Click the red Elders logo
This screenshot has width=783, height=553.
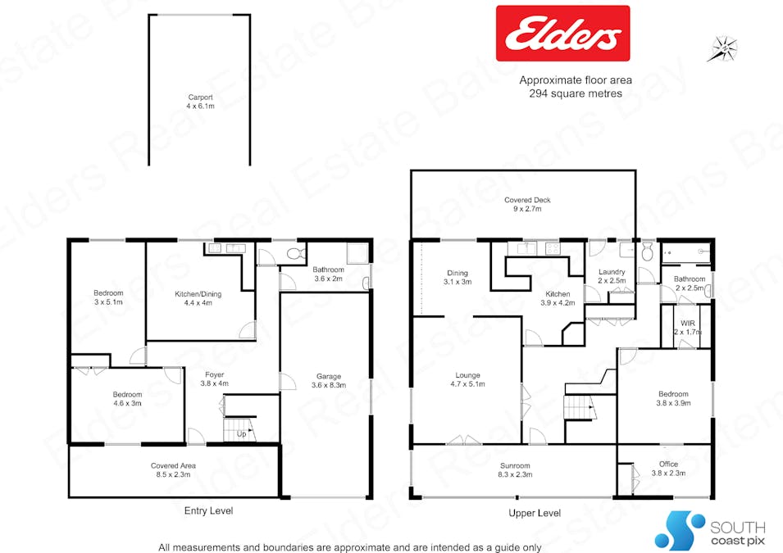(562, 34)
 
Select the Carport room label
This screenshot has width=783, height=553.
(200, 102)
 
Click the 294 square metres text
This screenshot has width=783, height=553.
(576, 93)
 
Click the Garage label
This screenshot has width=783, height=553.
(329, 382)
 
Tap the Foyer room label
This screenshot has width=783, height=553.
(215, 379)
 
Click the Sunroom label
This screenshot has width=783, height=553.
(516, 469)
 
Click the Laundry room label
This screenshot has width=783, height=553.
(612, 276)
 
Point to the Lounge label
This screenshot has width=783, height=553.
(468, 379)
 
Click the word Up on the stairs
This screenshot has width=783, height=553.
(241, 433)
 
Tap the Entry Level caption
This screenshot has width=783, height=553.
(208, 510)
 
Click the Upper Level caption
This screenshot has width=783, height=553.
(536, 513)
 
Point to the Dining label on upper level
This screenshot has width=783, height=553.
(458, 277)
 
